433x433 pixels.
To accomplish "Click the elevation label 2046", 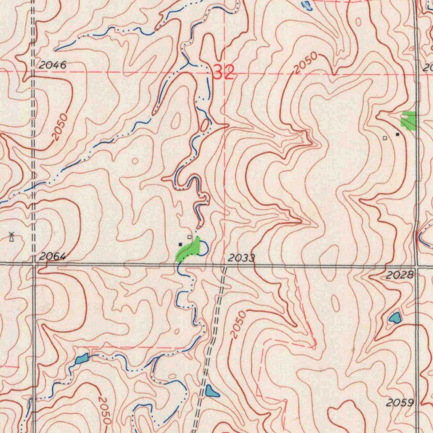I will pos(53,65).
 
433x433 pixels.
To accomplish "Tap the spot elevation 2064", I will pos(53,256).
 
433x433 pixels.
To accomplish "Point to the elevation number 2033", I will pos(241,258).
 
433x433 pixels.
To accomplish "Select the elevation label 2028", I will pos(400,275).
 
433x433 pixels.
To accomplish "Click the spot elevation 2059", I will pos(400,403).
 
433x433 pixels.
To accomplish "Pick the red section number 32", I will pos(223,73).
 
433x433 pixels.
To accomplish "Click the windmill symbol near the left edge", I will pos(12,237).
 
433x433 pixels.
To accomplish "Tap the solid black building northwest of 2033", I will pos(181,244).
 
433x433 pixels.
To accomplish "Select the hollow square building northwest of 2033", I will pos(189,237).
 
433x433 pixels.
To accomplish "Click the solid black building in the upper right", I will pos(397,134).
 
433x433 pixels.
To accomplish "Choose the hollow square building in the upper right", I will pos(385,138).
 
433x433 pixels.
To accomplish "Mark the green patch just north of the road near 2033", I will pos(189,249).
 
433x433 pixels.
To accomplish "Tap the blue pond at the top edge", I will pos(307,5).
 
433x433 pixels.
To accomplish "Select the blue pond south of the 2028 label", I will pos(395,318).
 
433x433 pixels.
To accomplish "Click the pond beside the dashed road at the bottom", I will pos(211,391).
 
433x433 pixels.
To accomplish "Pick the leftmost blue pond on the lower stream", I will pos(82,359).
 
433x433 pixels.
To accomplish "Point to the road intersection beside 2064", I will pos(34,264).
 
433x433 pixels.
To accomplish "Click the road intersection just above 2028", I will pos(417,267).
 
